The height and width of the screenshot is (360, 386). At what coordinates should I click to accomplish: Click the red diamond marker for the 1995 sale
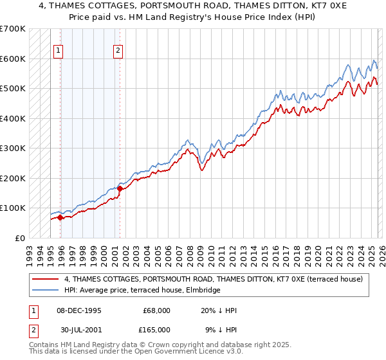click(60, 217)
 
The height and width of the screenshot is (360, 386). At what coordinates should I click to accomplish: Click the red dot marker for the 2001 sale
click(120, 188)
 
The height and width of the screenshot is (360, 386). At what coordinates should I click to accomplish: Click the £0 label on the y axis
click(19, 238)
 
